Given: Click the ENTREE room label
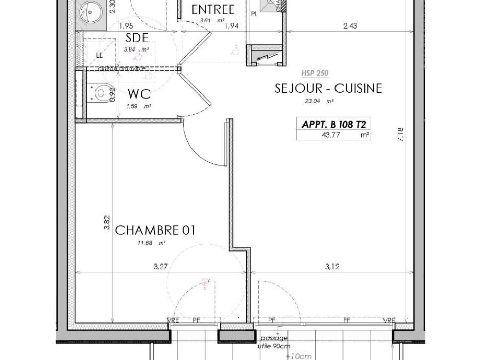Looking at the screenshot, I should click(x=213, y=10).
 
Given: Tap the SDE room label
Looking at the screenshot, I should click(x=137, y=38).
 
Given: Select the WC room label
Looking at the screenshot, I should click(x=139, y=94).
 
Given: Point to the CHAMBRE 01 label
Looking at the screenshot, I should click(x=155, y=230).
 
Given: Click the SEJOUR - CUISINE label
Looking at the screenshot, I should click(x=328, y=88).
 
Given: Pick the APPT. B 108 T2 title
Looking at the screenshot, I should click(x=333, y=125).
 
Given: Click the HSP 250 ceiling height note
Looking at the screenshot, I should click(x=315, y=73).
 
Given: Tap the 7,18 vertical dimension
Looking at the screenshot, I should click(x=401, y=134).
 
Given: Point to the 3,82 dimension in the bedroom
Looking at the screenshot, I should click(x=107, y=223).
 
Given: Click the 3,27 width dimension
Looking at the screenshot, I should click(x=161, y=267).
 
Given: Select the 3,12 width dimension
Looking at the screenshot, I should click(x=332, y=267).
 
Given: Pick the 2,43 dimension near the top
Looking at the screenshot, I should click(x=350, y=26).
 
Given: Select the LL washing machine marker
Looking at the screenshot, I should click(x=99, y=55).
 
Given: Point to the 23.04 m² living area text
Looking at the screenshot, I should click(x=319, y=101).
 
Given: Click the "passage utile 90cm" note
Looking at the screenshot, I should click(x=274, y=342).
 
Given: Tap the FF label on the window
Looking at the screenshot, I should click(x=346, y=320).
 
